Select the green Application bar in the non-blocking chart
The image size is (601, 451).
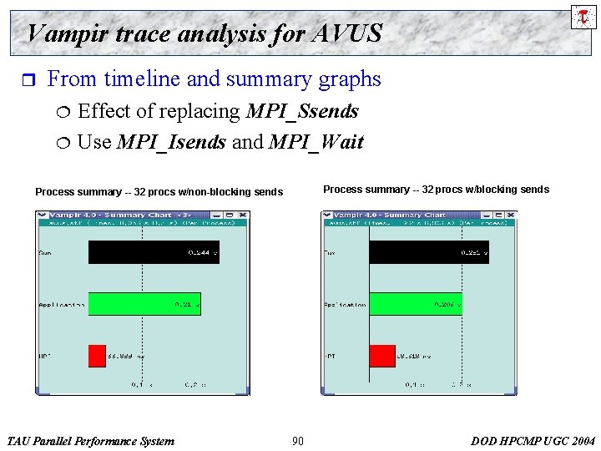[x=144, y=304]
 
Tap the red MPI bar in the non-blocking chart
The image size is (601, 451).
[x=97, y=356]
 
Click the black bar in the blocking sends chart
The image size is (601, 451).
[x=428, y=252]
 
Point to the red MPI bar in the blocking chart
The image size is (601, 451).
[x=382, y=356]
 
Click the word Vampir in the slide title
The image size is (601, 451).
[x=61, y=33]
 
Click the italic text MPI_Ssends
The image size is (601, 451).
[x=302, y=111]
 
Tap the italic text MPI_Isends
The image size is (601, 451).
[x=171, y=142]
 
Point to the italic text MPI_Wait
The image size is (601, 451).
[x=316, y=142]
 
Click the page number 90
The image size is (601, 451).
[x=298, y=441]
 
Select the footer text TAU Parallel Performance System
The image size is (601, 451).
[x=90, y=441]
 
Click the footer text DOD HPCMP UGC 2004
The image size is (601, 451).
[x=533, y=441]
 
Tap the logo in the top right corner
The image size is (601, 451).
[x=583, y=17]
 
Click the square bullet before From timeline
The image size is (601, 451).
[x=25, y=80]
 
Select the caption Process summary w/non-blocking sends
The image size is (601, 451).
[x=159, y=192]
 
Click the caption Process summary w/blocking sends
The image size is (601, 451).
[x=436, y=190]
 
